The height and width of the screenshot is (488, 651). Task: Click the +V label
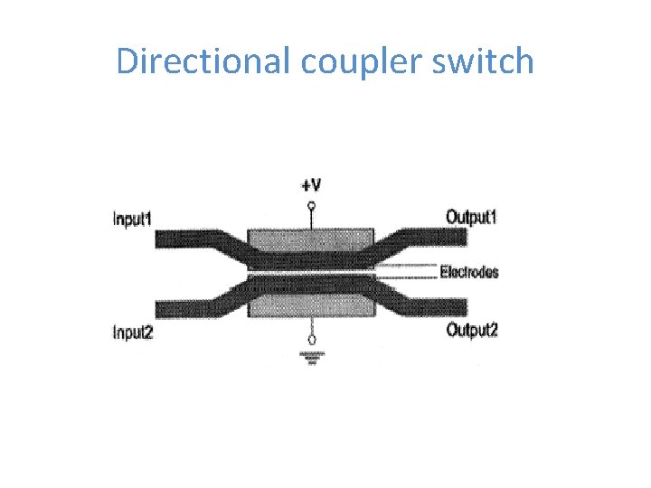(x=311, y=185)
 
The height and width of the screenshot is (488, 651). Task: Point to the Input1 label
(x=132, y=218)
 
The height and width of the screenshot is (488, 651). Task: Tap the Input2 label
(x=132, y=332)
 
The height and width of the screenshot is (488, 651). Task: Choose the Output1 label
(x=472, y=216)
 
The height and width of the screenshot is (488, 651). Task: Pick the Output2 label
(x=472, y=330)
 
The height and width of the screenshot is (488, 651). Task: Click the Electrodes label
(x=469, y=272)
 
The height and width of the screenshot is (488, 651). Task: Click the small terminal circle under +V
(x=312, y=206)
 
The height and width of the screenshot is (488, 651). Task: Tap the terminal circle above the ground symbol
(x=312, y=340)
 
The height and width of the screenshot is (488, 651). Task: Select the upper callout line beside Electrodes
(x=407, y=265)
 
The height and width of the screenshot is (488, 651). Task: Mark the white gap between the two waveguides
(x=312, y=272)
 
